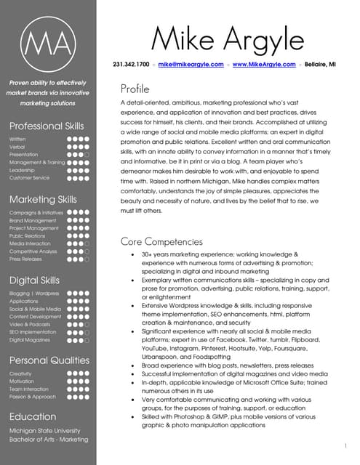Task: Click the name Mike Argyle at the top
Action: click(x=227, y=36)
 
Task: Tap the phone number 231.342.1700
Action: click(x=131, y=65)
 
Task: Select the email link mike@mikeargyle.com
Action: click(x=191, y=65)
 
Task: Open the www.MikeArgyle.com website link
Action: click(x=264, y=65)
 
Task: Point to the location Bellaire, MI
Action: click(x=321, y=65)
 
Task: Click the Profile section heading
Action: click(x=135, y=89)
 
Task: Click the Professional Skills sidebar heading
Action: click(x=47, y=126)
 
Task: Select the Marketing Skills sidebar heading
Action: click(x=43, y=199)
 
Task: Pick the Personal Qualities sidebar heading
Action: click(x=49, y=360)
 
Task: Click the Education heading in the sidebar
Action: click(x=33, y=416)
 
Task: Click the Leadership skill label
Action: click(x=23, y=169)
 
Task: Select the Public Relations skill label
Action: click(x=28, y=235)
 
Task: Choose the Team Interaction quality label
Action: click(x=28, y=389)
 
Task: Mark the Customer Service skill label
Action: click(x=30, y=177)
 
